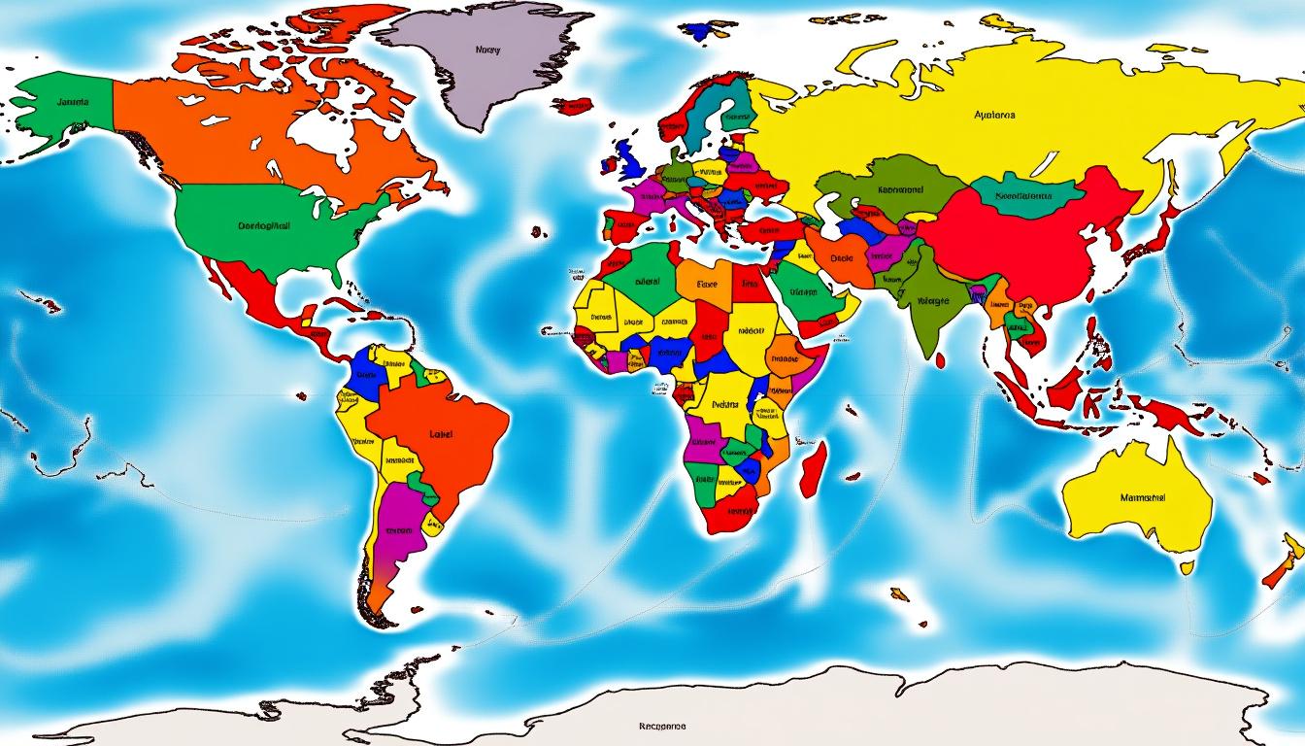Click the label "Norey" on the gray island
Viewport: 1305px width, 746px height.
(x=487, y=50)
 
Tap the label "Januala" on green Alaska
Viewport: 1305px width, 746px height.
(x=72, y=102)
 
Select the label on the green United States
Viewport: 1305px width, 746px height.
(x=263, y=224)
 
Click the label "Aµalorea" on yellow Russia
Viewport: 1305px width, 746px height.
(x=993, y=115)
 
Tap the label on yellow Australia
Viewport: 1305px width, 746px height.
(x=1142, y=497)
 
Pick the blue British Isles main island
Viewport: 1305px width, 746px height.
(x=628, y=155)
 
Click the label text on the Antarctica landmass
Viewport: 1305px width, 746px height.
(x=662, y=726)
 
